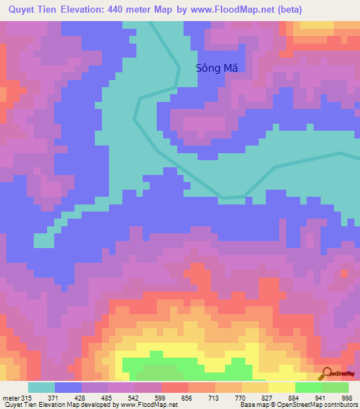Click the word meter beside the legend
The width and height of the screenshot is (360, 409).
(x=9, y=397)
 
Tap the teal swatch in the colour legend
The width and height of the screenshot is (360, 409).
(x=41, y=387)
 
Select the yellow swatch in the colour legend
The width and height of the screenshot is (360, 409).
(x=281, y=387)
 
